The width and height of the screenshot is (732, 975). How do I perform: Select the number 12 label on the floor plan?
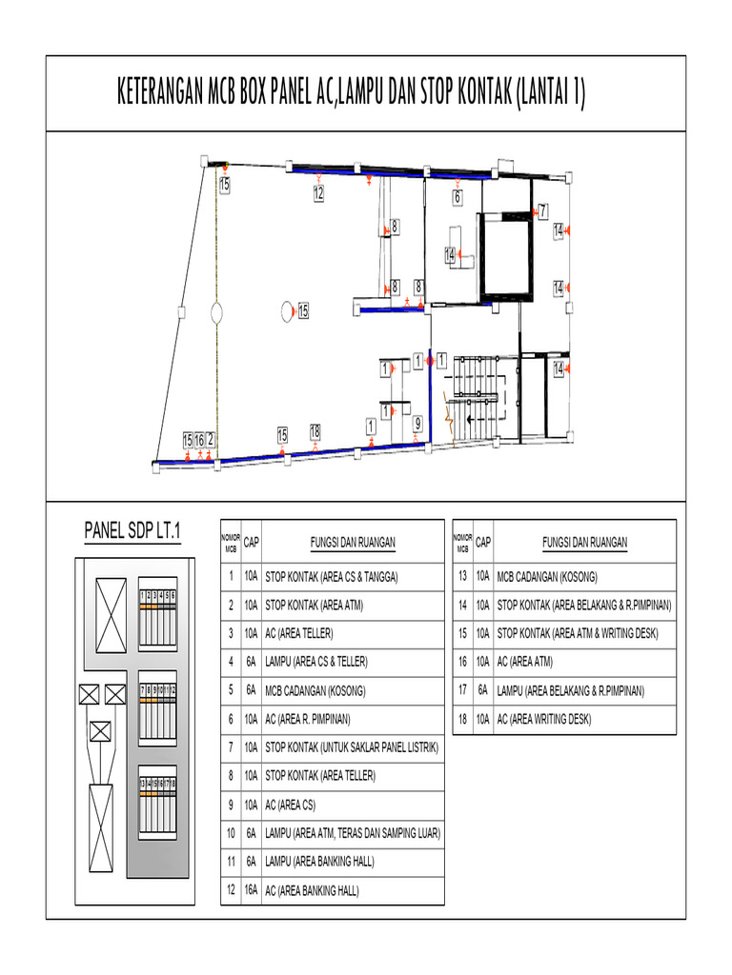click(318, 193)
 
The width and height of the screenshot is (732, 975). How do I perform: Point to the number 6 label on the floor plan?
click(457, 197)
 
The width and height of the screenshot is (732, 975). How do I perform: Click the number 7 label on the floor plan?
click(542, 210)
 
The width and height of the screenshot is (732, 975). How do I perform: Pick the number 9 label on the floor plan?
click(417, 423)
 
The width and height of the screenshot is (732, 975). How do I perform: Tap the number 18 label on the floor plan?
click(315, 431)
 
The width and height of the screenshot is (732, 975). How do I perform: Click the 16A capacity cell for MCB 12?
click(250, 891)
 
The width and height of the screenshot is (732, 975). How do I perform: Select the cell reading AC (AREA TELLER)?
click(299, 632)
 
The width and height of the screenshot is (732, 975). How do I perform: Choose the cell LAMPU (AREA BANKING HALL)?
click(319, 863)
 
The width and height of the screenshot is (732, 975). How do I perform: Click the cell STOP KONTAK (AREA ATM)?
click(315, 605)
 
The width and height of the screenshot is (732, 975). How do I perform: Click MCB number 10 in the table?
click(230, 834)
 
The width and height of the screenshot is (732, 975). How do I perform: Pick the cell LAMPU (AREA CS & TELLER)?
click(315, 661)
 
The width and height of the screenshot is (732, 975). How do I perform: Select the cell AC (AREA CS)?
click(290, 806)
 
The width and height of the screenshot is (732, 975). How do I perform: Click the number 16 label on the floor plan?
click(199, 440)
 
